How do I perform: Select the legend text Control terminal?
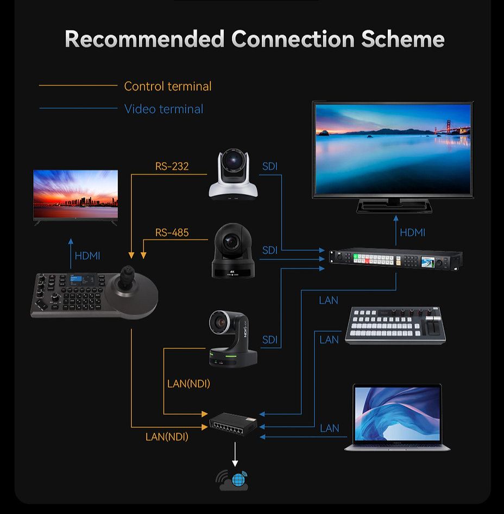pyautogui.click(x=168, y=86)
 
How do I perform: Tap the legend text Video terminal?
pyautogui.click(x=163, y=109)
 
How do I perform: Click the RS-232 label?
pyautogui.click(x=172, y=166)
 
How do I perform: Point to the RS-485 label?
pyautogui.click(x=172, y=233)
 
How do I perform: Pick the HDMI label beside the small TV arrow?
pyautogui.click(x=87, y=255)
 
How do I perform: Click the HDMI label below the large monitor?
pyautogui.click(x=412, y=233)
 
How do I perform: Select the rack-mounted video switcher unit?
pyautogui.click(x=396, y=259)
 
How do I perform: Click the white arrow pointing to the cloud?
pyautogui.click(x=235, y=454)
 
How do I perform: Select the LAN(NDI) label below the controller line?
pyautogui.click(x=167, y=436)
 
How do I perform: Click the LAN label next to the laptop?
pyautogui.click(x=329, y=428)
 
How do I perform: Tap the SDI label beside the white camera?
pyautogui.click(x=270, y=166)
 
